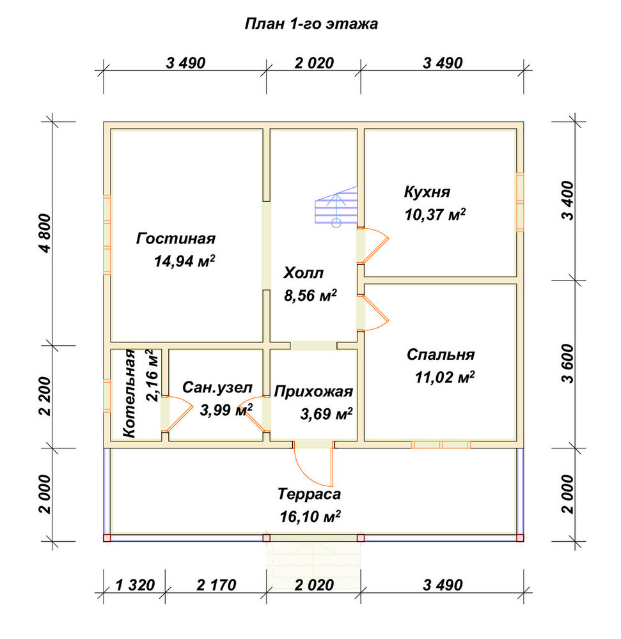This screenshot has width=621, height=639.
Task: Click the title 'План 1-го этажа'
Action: click(311, 24)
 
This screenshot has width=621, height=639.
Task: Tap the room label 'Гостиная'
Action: click(176, 238)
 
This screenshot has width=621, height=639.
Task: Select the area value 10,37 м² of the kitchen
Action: click(435, 214)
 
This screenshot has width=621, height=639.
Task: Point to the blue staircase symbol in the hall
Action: click(336, 206)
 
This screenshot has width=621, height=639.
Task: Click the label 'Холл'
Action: click(303, 273)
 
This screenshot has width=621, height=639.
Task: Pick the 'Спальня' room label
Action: click(441, 355)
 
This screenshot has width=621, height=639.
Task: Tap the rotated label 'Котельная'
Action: click(129, 393)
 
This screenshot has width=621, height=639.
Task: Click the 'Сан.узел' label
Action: click(217, 387)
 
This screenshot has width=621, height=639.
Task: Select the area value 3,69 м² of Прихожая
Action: click(326, 414)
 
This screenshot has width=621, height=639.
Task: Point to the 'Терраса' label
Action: click(310, 494)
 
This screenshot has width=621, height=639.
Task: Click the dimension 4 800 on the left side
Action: click(46, 233)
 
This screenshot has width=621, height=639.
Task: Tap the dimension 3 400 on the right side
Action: click(568, 201)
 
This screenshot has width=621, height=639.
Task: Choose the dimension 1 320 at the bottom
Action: click(135, 585)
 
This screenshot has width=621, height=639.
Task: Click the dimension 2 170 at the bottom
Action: click(216, 585)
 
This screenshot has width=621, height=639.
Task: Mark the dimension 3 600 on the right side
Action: click(568, 364)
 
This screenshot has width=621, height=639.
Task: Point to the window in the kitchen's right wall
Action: click(520, 202)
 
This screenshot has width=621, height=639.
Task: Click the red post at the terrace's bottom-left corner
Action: click(107, 537)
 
